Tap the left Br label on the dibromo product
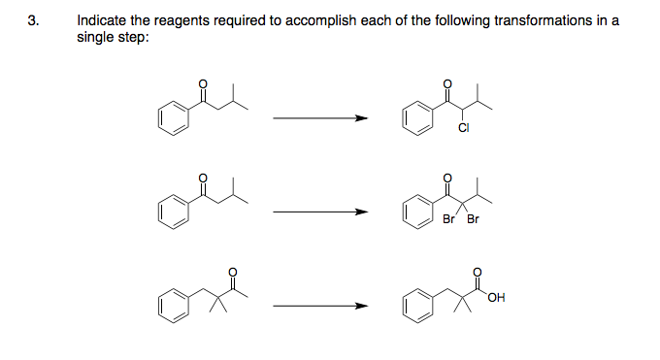click(447, 218)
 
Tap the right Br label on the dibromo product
click(473, 218)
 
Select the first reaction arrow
click(320, 119)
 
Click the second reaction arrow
click(320, 212)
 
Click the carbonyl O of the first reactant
click(202, 84)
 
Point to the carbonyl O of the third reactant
click(231, 271)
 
